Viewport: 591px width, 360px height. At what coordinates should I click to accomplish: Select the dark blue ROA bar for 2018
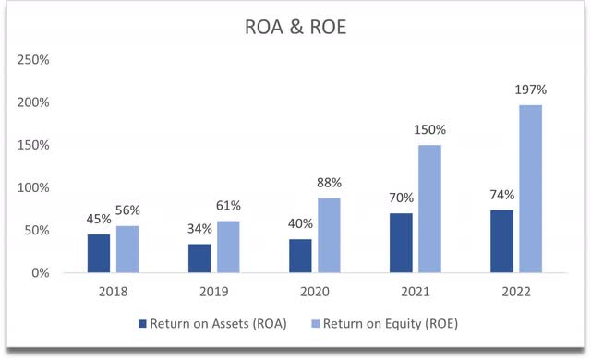[99, 254]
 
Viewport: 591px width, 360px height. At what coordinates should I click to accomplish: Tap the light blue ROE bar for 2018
[128, 249]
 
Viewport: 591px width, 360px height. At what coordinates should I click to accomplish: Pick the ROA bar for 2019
[199, 258]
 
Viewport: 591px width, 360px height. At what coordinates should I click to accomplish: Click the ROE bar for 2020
[330, 235]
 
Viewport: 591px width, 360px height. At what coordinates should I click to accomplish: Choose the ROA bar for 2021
[401, 243]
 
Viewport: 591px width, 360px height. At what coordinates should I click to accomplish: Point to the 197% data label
[531, 90]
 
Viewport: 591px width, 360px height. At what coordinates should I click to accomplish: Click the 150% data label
[430, 130]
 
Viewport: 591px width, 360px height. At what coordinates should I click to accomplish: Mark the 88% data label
[330, 184]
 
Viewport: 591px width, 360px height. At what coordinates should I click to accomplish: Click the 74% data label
[501, 196]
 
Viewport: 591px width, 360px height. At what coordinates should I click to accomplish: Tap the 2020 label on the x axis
[315, 291]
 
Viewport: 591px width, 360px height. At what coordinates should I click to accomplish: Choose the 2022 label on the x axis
[516, 291]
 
